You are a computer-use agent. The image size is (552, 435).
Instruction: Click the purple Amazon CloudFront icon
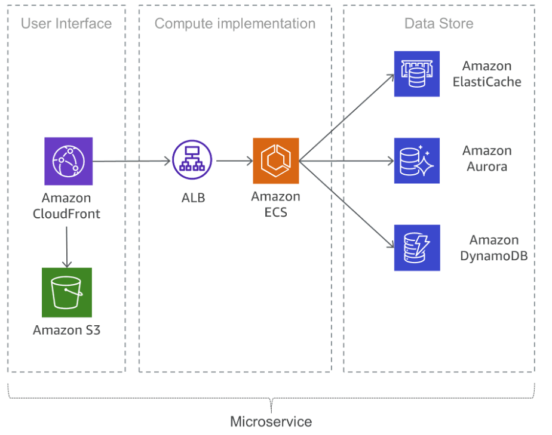[68, 161]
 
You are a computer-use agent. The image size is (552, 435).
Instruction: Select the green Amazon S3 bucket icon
[66, 292]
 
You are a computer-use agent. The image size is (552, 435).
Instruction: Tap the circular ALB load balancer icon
[192, 161]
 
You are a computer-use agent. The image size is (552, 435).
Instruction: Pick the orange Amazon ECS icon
[275, 161]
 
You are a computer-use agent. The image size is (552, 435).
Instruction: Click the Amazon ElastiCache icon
[416, 74]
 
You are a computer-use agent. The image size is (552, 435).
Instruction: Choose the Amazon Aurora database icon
[416, 161]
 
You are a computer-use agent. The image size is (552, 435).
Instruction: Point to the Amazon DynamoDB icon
[416, 248]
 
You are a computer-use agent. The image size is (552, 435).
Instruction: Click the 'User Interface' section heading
[66, 24]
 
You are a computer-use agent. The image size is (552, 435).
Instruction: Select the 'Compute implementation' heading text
[235, 24]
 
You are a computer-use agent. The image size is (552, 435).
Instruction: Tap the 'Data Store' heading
[438, 24]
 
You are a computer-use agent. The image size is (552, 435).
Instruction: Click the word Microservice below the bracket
[271, 422]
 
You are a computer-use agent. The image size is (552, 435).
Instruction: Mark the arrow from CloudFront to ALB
[131, 161]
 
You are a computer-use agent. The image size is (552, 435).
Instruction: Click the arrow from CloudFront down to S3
[66, 245]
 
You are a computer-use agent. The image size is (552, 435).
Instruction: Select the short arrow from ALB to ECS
[233, 161]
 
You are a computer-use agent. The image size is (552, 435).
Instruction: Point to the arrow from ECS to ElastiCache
[346, 118]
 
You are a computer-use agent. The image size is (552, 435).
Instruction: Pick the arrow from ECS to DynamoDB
[346, 204]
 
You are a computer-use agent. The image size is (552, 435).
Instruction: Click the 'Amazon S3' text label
[66, 330]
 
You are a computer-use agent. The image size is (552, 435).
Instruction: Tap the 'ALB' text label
[193, 198]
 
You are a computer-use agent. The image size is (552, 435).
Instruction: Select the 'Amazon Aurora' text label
[487, 159]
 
